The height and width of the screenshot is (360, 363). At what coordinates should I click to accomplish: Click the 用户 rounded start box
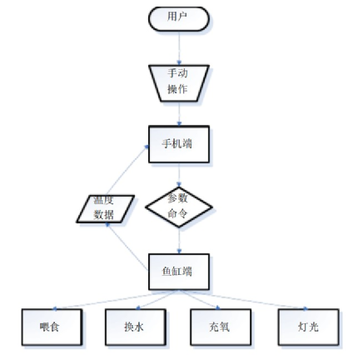click(179, 19)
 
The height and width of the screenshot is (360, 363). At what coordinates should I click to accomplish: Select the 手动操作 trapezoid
click(179, 83)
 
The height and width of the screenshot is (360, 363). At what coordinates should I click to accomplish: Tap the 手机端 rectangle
click(179, 144)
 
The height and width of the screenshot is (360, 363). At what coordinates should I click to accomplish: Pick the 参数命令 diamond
click(179, 207)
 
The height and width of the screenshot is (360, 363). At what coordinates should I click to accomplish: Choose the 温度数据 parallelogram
click(106, 209)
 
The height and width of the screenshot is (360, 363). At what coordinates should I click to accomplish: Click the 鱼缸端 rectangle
click(179, 272)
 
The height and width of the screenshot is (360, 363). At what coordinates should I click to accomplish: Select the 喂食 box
click(52, 327)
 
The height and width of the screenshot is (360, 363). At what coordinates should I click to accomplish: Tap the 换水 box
click(136, 327)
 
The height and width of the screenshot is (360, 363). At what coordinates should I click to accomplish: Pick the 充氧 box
click(221, 327)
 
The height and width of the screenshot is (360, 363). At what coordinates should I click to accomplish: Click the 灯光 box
click(309, 327)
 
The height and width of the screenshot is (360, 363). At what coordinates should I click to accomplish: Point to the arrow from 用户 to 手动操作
click(179, 47)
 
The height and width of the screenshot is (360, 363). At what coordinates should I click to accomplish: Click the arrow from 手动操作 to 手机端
click(179, 114)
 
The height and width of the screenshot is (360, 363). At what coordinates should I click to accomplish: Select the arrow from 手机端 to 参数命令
click(179, 175)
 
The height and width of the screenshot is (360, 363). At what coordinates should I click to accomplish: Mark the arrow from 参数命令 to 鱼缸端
click(179, 240)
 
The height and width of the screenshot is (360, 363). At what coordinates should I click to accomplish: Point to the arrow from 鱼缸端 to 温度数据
click(127, 246)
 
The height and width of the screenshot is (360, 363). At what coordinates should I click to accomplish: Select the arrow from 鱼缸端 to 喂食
click(116, 299)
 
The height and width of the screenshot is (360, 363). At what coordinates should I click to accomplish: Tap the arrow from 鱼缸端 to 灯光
click(243, 299)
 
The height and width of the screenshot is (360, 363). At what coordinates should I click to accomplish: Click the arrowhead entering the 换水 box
click(138, 307)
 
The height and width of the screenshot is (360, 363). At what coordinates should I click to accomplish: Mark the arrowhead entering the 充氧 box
click(218, 307)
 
